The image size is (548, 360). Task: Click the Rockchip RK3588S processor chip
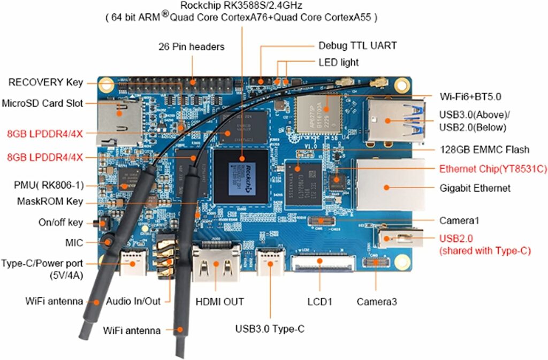[241, 176]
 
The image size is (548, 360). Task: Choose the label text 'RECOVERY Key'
[45, 82]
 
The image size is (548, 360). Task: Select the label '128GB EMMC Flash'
[484, 149]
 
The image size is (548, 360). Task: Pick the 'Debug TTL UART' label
[357, 45]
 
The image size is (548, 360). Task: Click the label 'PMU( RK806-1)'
[49, 186]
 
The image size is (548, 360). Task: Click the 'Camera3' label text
[377, 302]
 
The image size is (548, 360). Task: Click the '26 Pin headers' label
[191, 47]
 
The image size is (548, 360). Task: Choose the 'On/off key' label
[60, 222]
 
